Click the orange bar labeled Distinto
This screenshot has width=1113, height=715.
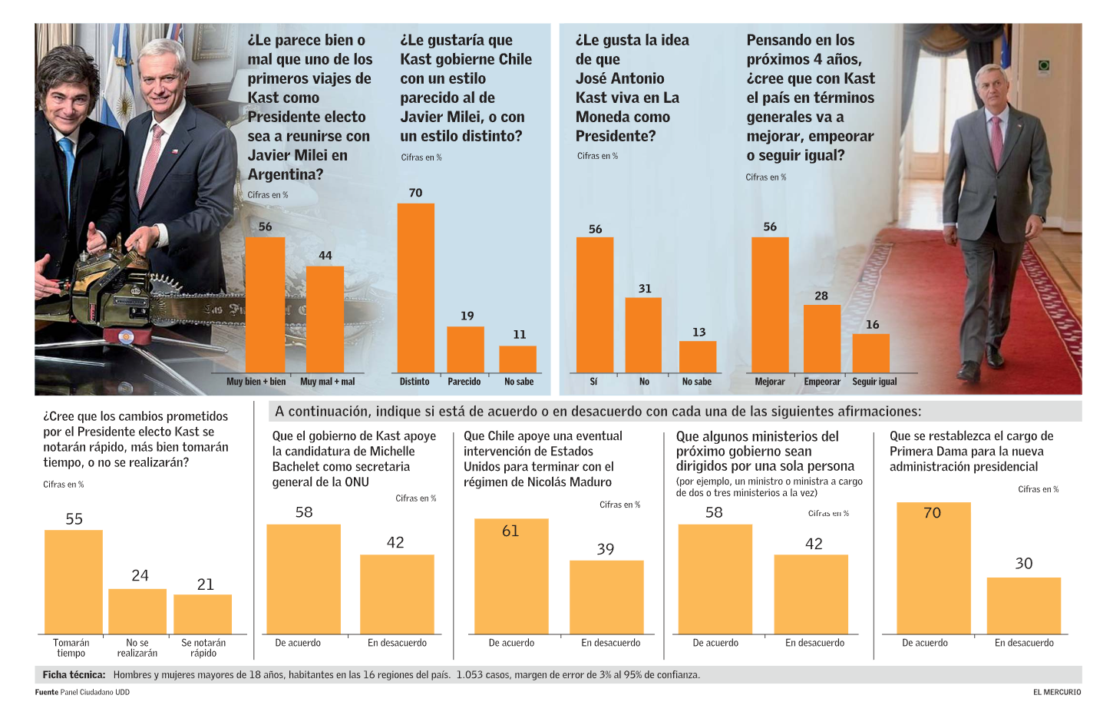point(415,288)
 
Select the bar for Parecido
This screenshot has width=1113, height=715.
point(465,349)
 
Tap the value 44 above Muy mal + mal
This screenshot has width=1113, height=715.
point(325,255)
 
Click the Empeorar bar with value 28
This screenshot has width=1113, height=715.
point(821,339)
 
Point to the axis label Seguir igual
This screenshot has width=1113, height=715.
point(874,382)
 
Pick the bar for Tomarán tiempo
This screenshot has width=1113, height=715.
point(73,581)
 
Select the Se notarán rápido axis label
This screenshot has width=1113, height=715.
point(203,647)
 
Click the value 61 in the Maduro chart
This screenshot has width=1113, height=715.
point(510,531)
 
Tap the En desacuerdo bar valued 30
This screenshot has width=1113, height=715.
point(1023,605)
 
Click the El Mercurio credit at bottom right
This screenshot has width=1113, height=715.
point(1056,692)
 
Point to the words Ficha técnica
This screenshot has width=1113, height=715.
point(74,675)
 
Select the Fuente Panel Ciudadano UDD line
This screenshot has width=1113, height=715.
point(82,692)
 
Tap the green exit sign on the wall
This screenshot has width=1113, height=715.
point(1043,66)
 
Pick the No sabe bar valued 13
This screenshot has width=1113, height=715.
point(698,356)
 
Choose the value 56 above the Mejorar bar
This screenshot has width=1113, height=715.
point(770,227)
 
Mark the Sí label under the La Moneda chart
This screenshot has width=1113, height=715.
point(593,382)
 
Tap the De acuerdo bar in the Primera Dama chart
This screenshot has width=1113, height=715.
point(933,568)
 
